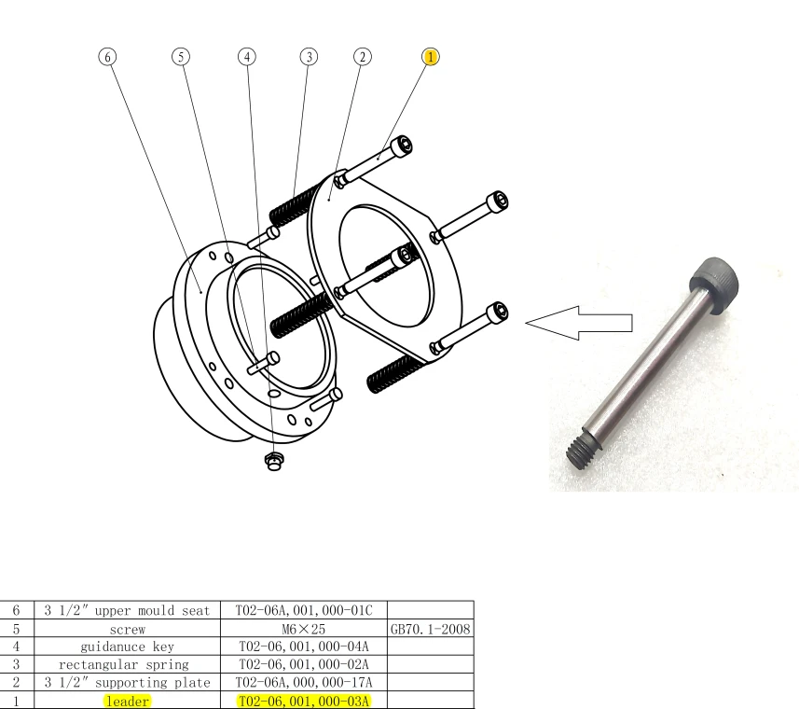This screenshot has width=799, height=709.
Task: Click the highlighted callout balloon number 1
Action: [430, 57]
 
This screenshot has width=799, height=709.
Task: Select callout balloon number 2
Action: [361, 57]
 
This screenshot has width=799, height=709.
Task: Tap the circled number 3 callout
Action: [308, 57]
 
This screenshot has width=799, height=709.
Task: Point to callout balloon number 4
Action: [246, 57]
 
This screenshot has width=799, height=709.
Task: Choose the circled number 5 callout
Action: [181, 57]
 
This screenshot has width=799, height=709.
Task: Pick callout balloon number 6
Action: [108, 57]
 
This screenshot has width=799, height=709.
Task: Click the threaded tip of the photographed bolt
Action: [584, 452]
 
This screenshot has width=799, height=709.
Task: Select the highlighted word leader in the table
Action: [127, 701]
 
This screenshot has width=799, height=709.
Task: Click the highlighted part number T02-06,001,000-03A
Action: [306, 701]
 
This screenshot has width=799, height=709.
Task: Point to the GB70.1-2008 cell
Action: [432, 629]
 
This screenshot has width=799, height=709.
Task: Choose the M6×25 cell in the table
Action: [306, 629]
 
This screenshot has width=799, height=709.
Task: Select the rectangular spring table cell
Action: [127, 664]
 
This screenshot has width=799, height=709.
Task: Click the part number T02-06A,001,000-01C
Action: [306, 611]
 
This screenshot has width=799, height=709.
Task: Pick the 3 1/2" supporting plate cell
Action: [127, 683]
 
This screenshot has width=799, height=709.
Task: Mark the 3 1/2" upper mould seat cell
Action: [127, 611]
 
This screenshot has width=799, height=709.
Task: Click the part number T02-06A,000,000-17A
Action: [306, 683]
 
